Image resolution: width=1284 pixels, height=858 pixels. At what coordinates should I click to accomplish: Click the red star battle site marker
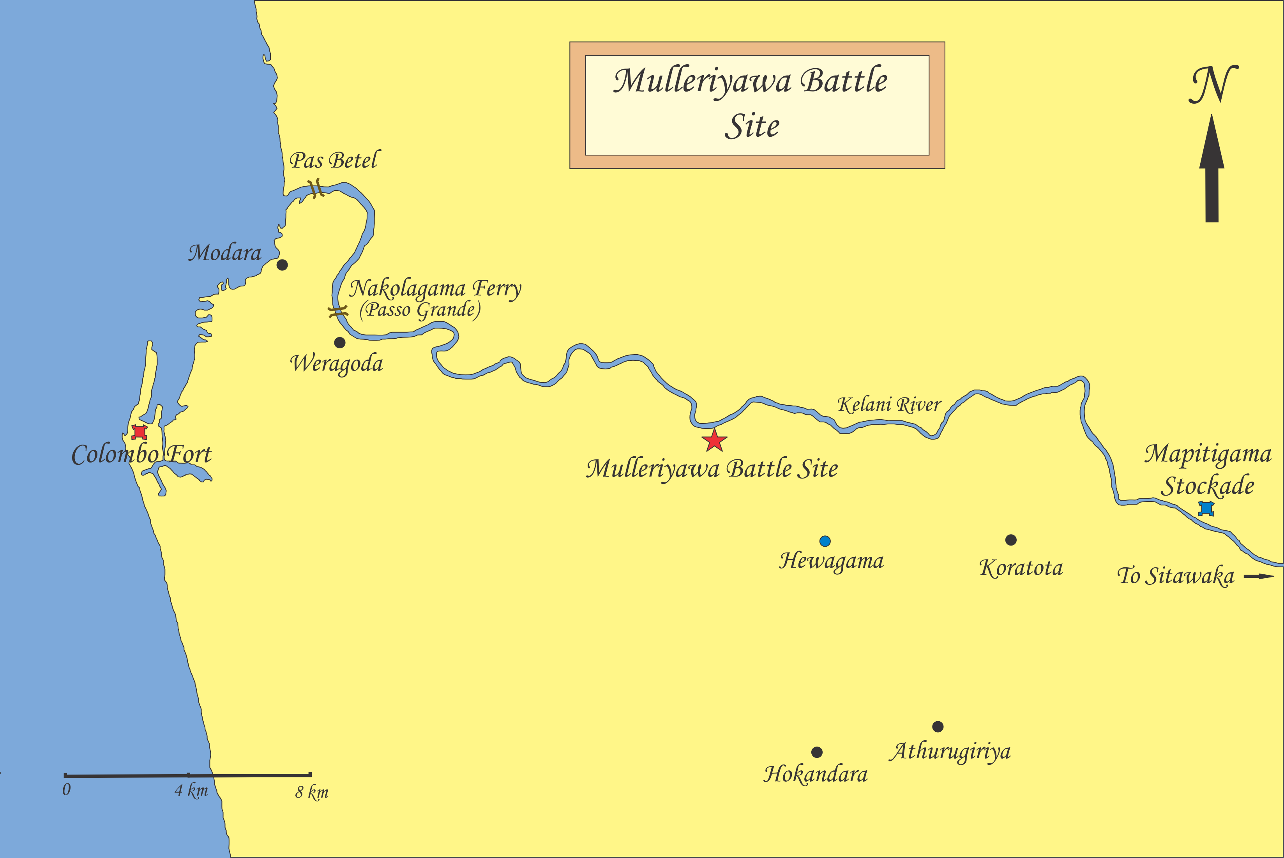tap(715, 440)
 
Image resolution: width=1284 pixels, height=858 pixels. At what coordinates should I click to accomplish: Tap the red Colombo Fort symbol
tap(140, 432)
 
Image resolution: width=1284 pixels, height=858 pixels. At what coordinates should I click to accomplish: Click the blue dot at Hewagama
tap(825, 541)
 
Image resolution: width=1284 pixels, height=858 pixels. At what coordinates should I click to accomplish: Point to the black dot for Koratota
tap(1011, 540)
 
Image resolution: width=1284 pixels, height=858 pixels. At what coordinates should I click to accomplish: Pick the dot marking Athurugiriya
tap(938, 727)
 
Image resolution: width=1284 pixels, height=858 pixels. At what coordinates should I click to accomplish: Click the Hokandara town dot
tap(817, 752)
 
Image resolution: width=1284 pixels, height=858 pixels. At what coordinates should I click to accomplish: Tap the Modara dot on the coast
tap(282, 265)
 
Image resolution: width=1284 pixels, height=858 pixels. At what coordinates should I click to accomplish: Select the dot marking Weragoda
tap(340, 342)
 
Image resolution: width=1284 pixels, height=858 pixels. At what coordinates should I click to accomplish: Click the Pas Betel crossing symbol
tap(316, 188)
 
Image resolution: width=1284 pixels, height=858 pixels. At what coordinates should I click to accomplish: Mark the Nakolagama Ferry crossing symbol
tap(337, 312)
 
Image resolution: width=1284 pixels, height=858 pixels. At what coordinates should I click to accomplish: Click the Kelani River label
tap(889, 405)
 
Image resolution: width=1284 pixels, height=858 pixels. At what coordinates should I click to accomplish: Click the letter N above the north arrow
tap(1213, 85)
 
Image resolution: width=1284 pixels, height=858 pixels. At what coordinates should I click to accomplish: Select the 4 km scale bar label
tap(191, 791)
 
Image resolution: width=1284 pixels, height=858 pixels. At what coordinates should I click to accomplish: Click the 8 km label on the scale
tap(312, 792)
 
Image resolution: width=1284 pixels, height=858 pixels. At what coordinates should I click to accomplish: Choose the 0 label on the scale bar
tap(66, 789)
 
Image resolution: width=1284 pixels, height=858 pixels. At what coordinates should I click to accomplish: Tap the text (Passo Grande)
tap(420, 310)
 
